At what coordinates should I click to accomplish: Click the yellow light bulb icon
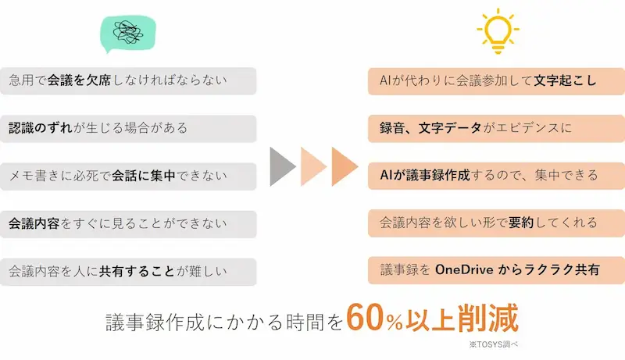point(498,31)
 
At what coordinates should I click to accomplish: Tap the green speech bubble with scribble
point(128,34)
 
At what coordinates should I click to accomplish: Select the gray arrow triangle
point(283,166)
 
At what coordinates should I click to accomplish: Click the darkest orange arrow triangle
point(345,166)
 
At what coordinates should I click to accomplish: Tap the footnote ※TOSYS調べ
point(494,344)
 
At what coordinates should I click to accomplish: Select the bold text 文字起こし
point(565,81)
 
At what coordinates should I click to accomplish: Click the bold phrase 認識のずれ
point(41,128)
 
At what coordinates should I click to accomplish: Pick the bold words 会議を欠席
point(79,80)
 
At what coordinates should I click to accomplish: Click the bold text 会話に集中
point(144,176)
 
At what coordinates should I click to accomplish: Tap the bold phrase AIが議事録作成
point(425,175)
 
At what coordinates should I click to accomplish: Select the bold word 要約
point(521,223)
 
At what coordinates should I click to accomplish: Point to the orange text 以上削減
point(462,318)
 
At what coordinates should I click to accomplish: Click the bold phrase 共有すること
point(137,271)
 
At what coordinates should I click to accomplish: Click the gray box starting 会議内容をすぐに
point(128,224)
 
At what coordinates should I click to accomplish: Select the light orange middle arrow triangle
point(314,166)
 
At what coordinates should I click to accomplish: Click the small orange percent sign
point(395,323)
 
